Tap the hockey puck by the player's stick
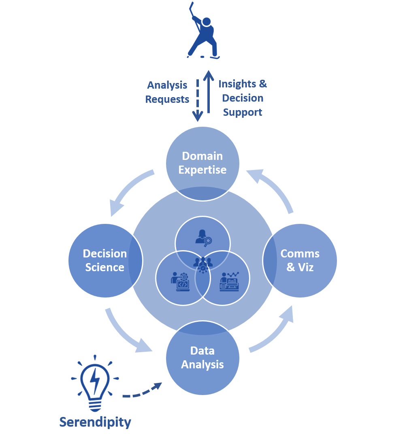(x=202, y=57)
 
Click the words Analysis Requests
(x=167, y=92)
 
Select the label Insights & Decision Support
(x=243, y=98)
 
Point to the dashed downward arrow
(x=197, y=99)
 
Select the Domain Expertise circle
(x=202, y=163)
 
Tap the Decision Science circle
(x=105, y=260)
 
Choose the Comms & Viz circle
(x=300, y=260)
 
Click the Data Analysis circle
(x=202, y=357)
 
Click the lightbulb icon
(x=95, y=382)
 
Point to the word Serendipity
(x=95, y=422)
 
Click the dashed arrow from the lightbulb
(x=142, y=392)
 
